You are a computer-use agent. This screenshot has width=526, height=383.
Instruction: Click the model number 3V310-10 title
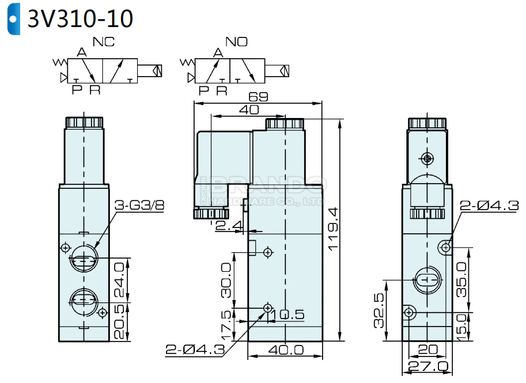pyautogui.click(x=81, y=19)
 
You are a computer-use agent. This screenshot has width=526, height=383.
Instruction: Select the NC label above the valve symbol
pyautogui.click(x=104, y=42)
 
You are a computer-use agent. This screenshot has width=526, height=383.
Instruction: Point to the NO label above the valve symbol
pyautogui.click(x=237, y=42)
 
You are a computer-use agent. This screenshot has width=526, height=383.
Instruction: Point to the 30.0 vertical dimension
pyautogui.click(x=226, y=280)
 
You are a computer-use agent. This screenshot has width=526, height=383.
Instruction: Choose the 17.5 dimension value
pyautogui.click(x=226, y=324)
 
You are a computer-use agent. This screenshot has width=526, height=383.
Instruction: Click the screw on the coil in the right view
pyautogui.click(x=427, y=158)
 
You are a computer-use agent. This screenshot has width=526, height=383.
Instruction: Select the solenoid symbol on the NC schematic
pyautogui.click(x=156, y=71)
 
